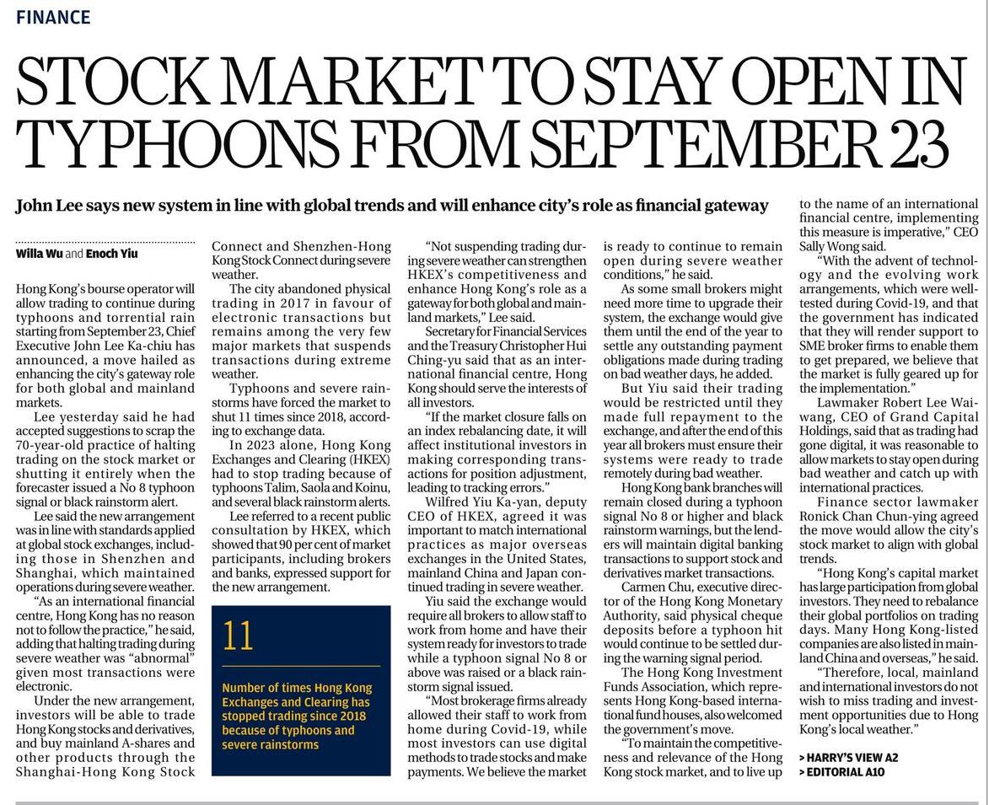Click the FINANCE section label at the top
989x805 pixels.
tap(53, 17)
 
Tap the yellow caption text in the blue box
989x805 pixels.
tap(296, 716)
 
